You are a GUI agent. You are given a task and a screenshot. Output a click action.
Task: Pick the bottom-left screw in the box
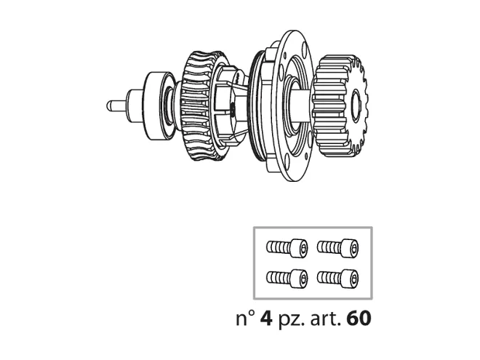[284, 276]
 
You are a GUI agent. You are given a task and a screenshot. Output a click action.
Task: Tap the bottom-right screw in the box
[338, 276]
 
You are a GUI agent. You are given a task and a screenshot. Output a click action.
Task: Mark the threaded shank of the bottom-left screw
[276, 276]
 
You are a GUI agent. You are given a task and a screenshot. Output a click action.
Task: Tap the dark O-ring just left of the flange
[252, 102]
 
